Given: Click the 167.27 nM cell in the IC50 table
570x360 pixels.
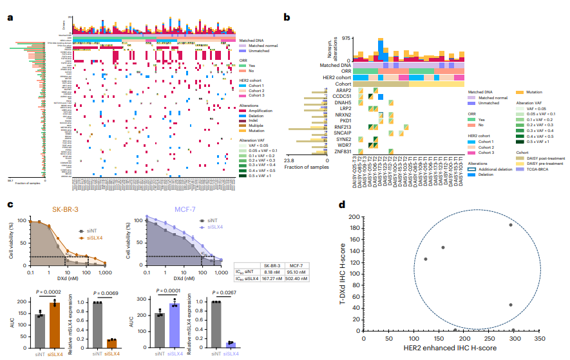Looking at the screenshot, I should click(269, 279).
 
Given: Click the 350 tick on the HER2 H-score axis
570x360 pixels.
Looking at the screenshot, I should click(538, 337).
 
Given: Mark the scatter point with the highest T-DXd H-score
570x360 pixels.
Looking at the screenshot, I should click(510, 225).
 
